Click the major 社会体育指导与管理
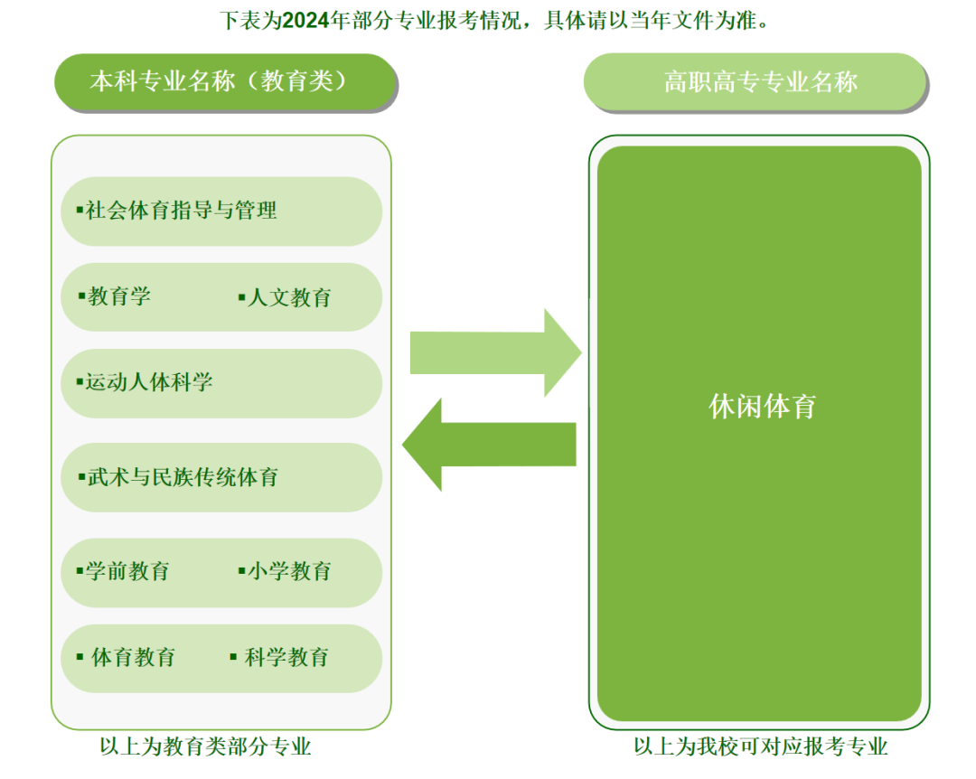181,211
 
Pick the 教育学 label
119,296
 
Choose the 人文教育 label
289,297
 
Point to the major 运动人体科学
149,382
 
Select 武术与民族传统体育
183,476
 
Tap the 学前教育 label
127,571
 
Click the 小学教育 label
289,571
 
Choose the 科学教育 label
286,657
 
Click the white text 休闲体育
763,407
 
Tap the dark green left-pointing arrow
489,445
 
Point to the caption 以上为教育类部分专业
206,746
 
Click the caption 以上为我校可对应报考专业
760,746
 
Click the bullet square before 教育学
81,296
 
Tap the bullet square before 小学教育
241,570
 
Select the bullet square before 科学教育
233,656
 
